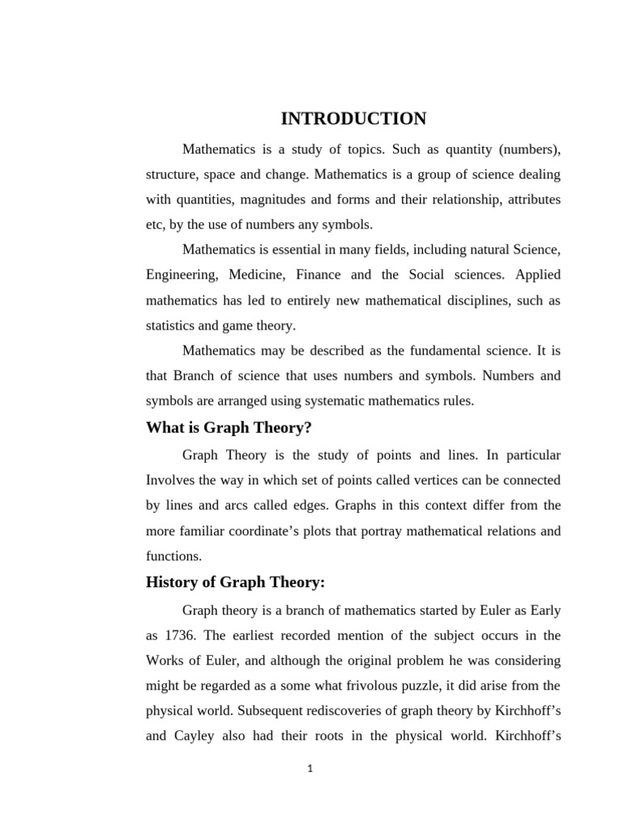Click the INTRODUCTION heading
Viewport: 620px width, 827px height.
pos(353,119)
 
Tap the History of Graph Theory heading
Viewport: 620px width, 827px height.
pos(235,582)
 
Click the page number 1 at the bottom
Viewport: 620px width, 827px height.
pos(309,769)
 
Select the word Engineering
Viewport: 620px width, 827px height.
pos(182,275)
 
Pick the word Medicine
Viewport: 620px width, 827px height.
pos(258,275)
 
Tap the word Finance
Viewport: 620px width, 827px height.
pos(318,275)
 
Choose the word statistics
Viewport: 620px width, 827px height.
pos(170,325)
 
